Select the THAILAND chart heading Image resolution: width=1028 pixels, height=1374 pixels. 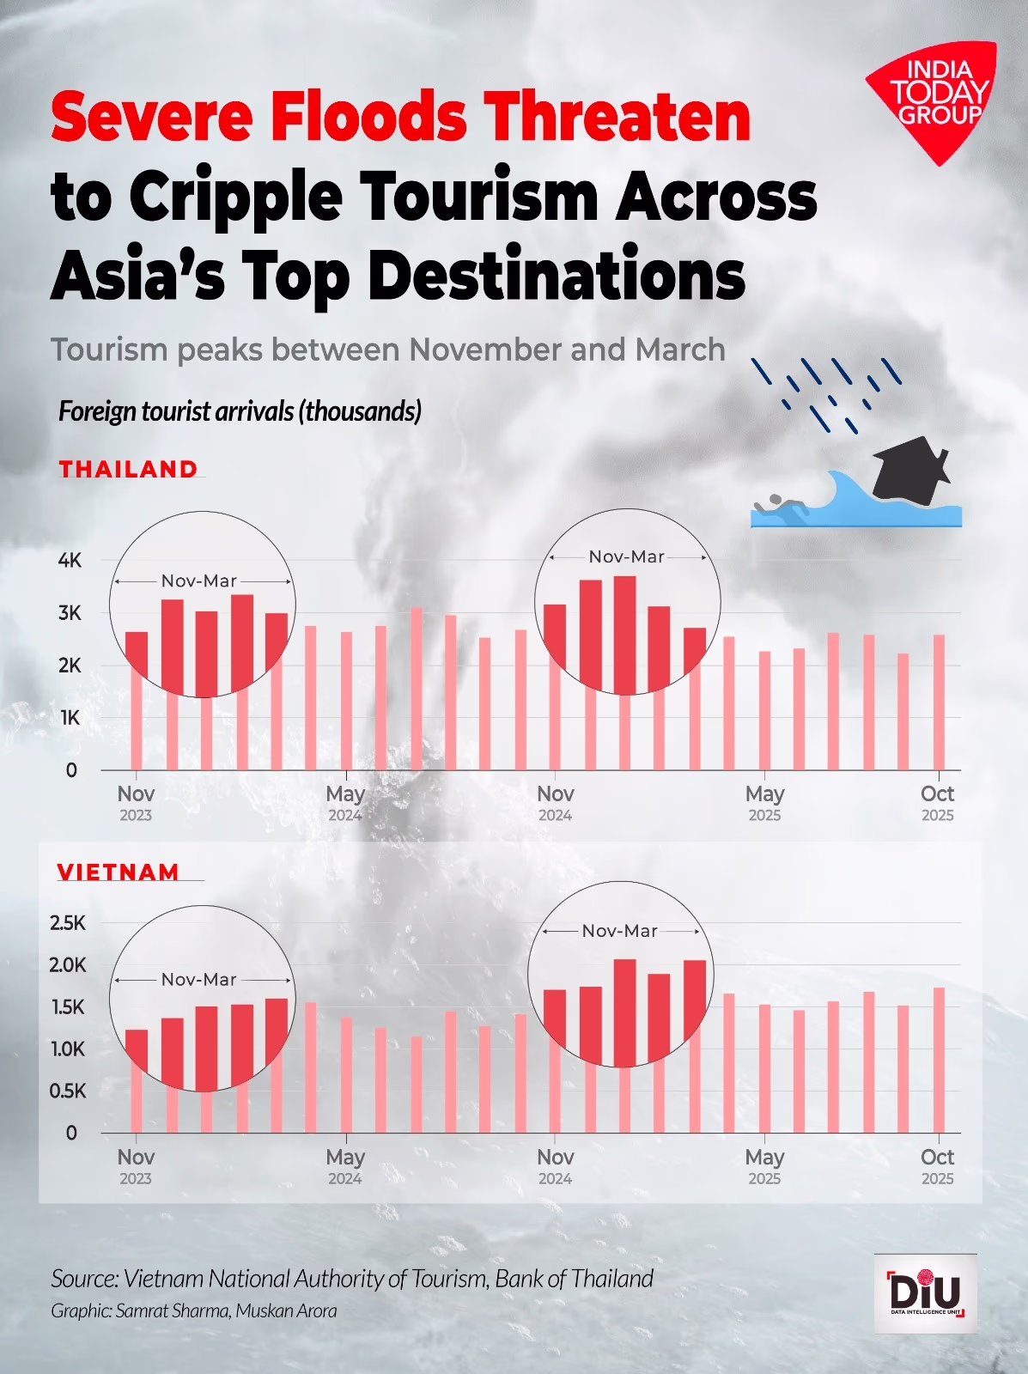[x=129, y=469]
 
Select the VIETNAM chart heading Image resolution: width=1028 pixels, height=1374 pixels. [x=119, y=872]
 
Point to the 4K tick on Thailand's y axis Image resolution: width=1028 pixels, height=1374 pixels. [x=70, y=561]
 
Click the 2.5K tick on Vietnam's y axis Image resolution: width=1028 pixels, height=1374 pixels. [x=68, y=923]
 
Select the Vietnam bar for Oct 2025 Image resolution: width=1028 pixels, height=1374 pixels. [x=939, y=1061]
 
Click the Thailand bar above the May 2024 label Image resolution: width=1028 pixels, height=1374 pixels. [x=346, y=701]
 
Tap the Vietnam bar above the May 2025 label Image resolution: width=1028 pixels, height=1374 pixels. [x=764, y=1068]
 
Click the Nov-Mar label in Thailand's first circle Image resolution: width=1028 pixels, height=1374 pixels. [x=199, y=581]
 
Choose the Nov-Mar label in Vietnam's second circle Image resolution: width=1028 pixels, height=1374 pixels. [x=619, y=931]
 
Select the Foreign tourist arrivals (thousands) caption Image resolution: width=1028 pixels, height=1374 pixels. [x=240, y=411]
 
